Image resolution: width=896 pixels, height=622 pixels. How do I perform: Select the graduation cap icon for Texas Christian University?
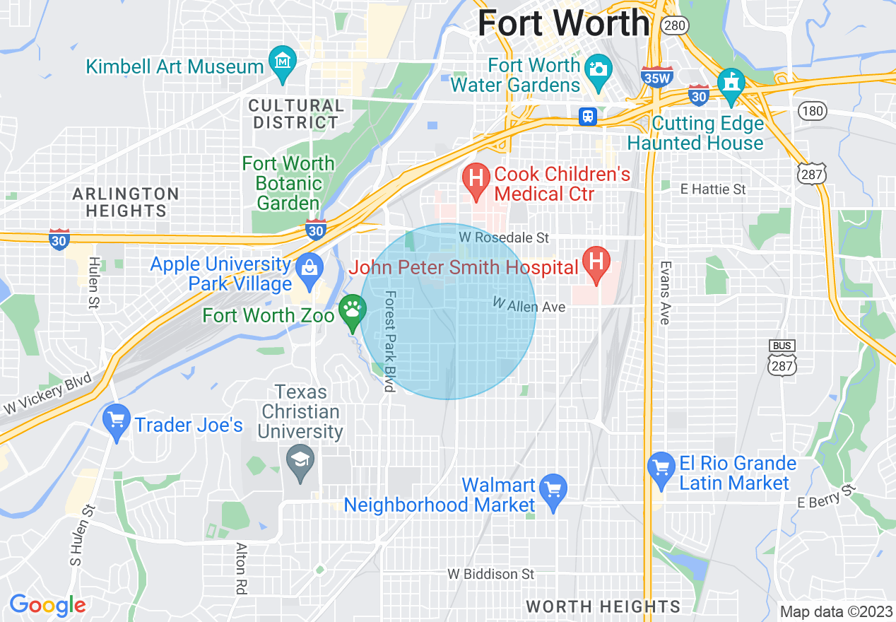pos(301,462)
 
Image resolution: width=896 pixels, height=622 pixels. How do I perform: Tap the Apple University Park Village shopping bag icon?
pos(310,268)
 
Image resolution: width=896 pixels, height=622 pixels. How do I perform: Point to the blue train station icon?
pos(588,117)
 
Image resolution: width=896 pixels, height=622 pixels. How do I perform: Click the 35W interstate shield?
pos(656,77)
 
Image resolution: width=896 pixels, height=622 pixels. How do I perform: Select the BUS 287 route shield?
pos(782,357)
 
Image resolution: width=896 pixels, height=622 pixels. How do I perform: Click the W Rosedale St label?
pos(503,238)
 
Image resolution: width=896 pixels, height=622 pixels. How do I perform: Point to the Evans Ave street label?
pos(664,293)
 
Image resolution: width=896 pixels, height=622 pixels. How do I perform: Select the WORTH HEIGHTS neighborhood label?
pos(603,606)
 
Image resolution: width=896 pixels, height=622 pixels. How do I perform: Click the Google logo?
pos(48,605)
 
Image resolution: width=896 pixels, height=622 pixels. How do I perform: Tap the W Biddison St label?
pos(491,574)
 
